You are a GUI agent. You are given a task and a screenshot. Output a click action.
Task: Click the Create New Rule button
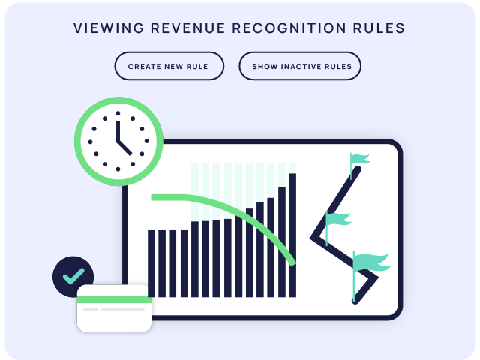[x=169, y=66]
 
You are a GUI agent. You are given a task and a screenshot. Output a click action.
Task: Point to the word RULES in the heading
[x=380, y=28]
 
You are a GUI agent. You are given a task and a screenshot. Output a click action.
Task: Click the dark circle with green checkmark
[x=73, y=276]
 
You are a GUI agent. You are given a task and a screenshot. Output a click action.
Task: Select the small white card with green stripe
[x=114, y=309]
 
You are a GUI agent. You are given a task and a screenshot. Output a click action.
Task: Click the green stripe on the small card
[x=114, y=299]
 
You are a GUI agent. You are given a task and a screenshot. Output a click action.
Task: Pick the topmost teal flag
[x=360, y=160]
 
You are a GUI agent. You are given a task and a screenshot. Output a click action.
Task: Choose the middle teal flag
[x=338, y=220]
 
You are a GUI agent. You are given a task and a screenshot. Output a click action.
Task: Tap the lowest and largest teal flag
[x=371, y=263]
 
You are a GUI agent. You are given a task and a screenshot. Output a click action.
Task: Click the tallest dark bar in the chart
[x=292, y=235]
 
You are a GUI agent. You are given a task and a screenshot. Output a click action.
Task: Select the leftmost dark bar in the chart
[x=151, y=263]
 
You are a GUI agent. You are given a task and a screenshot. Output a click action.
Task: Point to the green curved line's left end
[x=154, y=197]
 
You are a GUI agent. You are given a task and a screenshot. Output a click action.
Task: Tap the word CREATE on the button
[x=143, y=66]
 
